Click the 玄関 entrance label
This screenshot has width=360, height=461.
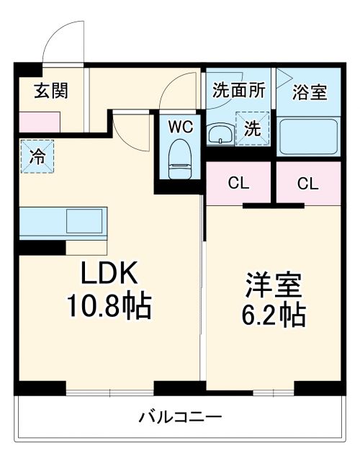[x=50, y=92]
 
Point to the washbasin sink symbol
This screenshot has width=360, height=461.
[x=219, y=134]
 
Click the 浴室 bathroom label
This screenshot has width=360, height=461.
[x=310, y=92]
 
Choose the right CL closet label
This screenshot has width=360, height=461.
[x=307, y=183]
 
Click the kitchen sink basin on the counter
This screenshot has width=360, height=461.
[x=86, y=221]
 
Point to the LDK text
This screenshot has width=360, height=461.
[x=109, y=275]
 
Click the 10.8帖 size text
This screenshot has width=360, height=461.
[x=109, y=308]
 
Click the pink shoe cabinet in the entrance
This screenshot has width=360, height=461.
[x=34, y=122]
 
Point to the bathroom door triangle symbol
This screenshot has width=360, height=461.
[x=284, y=76]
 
